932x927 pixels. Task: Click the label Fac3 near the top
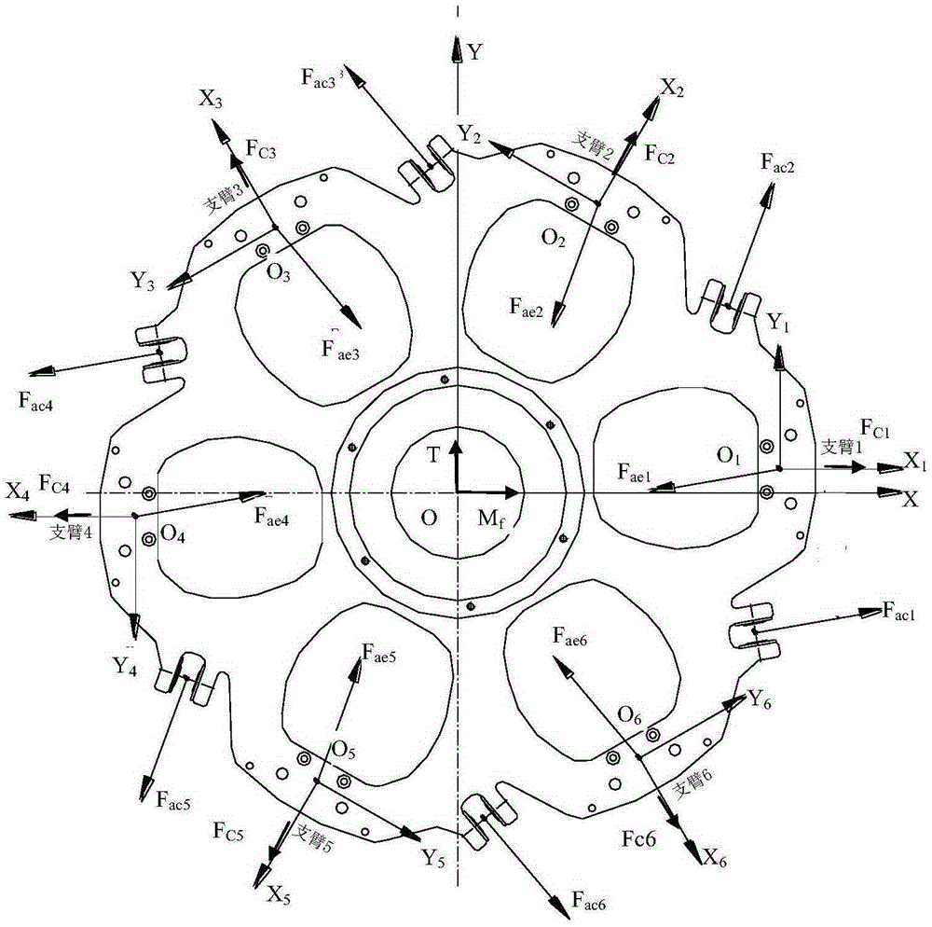pyautogui.click(x=321, y=78)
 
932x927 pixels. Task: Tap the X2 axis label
pyautogui.click(x=672, y=89)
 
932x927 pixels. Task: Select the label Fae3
pyautogui.click(x=340, y=349)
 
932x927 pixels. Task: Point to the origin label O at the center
pyautogui.click(x=428, y=518)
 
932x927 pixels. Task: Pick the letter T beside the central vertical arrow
pyautogui.click(x=433, y=455)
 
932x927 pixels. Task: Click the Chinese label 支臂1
pyautogui.click(x=841, y=446)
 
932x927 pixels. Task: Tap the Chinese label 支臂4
pyautogui.click(x=71, y=532)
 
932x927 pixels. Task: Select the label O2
pyautogui.click(x=553, y=239)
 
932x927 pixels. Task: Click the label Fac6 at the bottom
pyautogui.click(x=588, y=901)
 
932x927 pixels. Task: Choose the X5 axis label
pyautogui.click(x=278, y=896)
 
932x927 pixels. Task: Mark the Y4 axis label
pyautogui.click(x=125, y=666)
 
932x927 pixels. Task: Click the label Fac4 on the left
pyautogui.click(x=35, y=401)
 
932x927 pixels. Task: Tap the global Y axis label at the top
pyautogui.click(x=474, y=52)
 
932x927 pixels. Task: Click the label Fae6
pyautogui.click(x=569, y=636)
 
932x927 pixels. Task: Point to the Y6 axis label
pyautogui.click(x=760, y=699)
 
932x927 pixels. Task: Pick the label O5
pyautogui.click(x=344, y=751)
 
